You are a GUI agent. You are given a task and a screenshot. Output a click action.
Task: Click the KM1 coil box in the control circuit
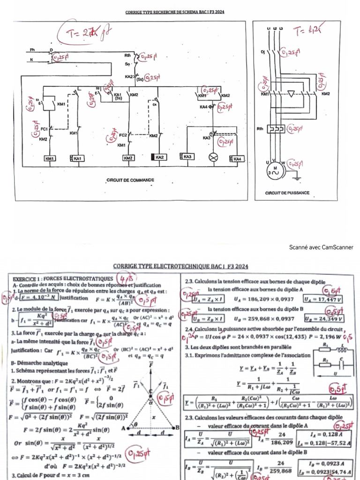pyautogui.click(x=50, y=159)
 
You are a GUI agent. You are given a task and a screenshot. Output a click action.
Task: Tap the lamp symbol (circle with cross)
pyautogui.click(x=213, y=157)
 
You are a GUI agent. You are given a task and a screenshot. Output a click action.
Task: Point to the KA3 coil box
pyautogui.click(x=187, y=157)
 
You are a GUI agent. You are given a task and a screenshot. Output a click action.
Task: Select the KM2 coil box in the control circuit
pyautogui.click(x=128, y=158)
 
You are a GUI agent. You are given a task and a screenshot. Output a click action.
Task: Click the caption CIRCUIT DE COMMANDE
pyautogui.click(x=130, y=180)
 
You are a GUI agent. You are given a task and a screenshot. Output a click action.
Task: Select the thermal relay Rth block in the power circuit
pyautogui.click(x=275, y=128)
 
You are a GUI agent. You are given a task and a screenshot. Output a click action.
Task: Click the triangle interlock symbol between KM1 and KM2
pyautogui.click(x=292, y=94)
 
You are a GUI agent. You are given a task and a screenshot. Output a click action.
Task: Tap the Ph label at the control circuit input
pyautogui.click(x=33, y=50)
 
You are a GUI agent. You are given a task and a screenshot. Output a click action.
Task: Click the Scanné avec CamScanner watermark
pyautogui.click(x=321, y=247)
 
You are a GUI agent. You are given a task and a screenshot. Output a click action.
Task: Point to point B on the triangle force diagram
pyautogui.click(x=178, y=427)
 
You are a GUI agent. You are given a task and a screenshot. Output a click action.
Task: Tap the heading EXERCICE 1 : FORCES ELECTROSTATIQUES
pyautogui.click(x=63, y=279)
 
